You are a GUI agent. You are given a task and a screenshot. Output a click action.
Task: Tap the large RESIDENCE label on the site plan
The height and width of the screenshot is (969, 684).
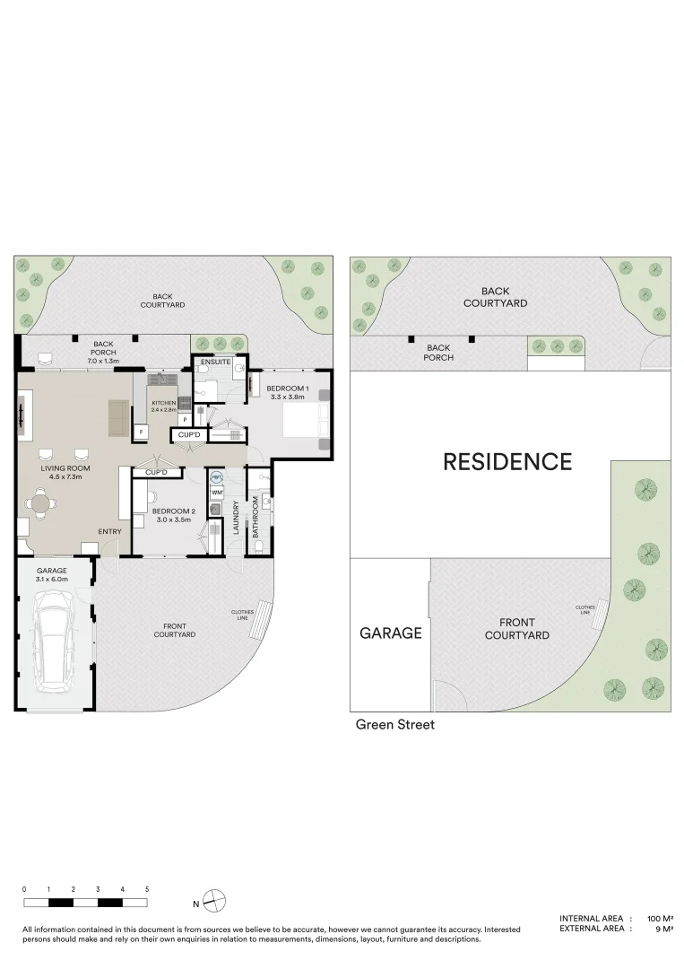point(507,462)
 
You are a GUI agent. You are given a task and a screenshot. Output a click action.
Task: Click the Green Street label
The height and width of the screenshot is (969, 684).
point(395,724)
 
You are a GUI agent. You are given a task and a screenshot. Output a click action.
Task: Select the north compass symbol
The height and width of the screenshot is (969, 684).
point(213,900)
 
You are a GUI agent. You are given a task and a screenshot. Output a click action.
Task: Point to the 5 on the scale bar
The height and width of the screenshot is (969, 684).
point(147,888)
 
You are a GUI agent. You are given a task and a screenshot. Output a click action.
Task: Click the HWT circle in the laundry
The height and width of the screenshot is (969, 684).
point(216,478)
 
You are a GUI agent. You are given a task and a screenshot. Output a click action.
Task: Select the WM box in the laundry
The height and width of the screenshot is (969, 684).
point(216,493)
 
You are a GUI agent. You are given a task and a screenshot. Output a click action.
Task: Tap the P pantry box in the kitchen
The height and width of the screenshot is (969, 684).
point(185,419)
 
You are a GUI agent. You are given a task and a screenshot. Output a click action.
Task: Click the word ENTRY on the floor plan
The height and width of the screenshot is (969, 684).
point(109,532)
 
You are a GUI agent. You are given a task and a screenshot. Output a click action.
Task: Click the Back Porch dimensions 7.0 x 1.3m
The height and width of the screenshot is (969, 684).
point(104,361)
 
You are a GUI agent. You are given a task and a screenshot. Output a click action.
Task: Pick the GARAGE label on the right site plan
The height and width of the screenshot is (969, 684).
point(390,633)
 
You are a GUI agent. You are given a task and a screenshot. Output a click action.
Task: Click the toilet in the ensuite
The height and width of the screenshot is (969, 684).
point(238,371)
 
